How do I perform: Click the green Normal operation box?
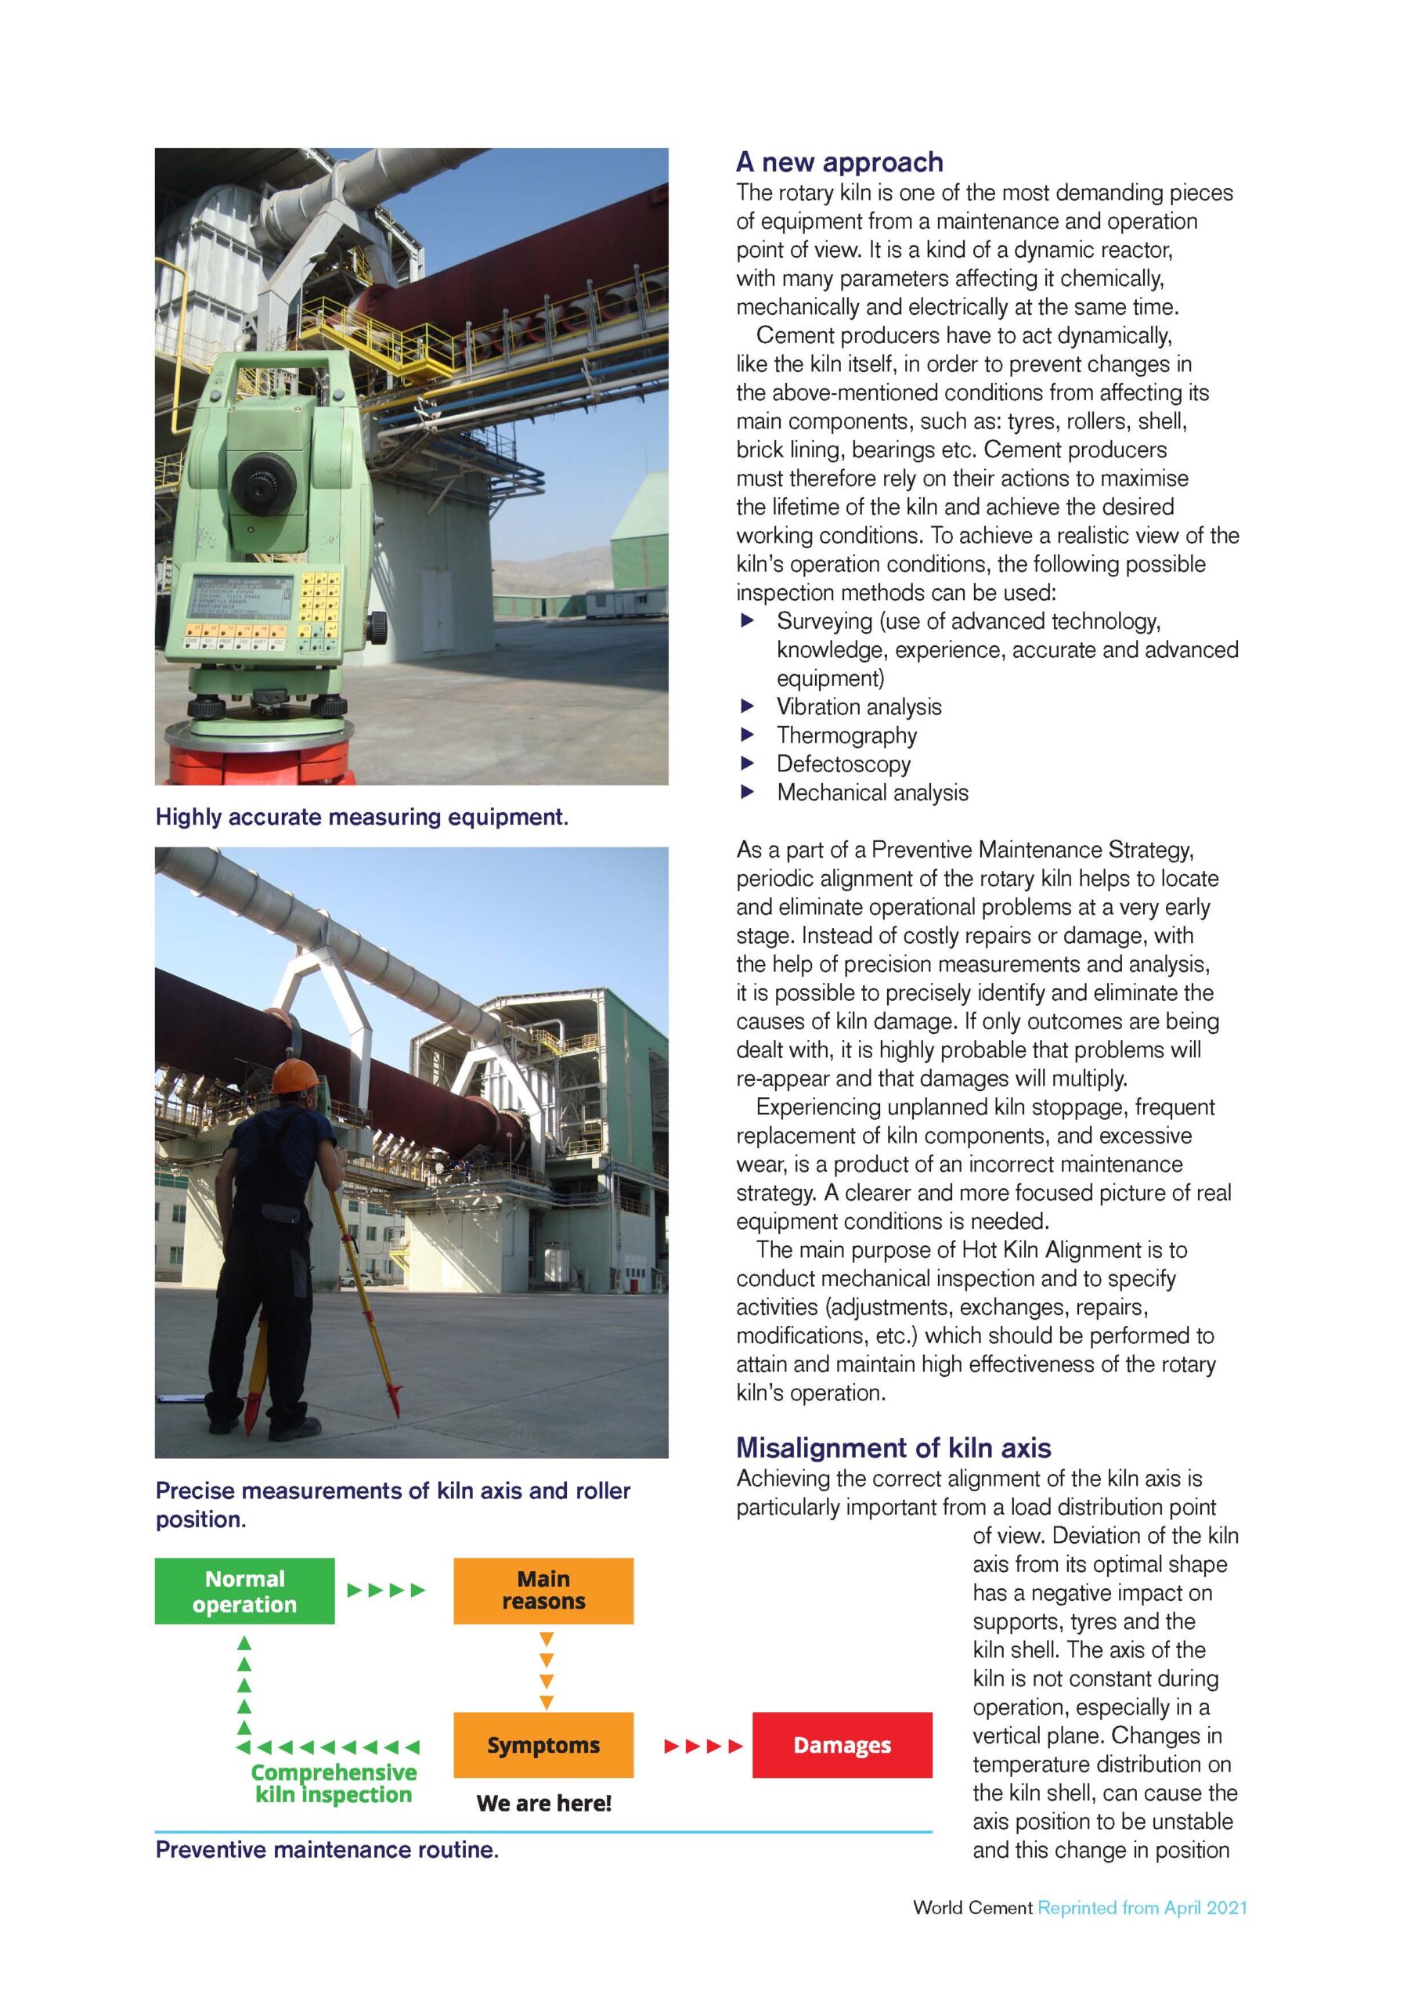click(x=244, y=1591)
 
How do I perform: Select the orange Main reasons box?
click(x=543, y=1591)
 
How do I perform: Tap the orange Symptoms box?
click(x=543, y=1745)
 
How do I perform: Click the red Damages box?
click(x=842, y=1745)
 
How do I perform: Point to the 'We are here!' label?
click(x=543, y=1802)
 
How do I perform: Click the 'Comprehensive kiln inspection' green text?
click(x=334, y=1783)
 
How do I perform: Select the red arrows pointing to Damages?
click(x=703, y=1746)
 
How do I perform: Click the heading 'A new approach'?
click(x=839, y=162)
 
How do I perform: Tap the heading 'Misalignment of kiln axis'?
click(x=893, y=1448)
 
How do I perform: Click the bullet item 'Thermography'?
click(x=846, y=735)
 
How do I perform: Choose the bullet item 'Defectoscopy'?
click(x=843, y=764)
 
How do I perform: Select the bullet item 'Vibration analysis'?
click(x=858, y=706)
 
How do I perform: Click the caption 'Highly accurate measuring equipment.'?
click(x=362, y=817)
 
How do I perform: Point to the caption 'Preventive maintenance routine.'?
click(x=327, y=1850)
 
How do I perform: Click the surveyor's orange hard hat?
click(x=294, y=1077)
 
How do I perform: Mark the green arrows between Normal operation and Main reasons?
click(x=386, y=1590)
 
